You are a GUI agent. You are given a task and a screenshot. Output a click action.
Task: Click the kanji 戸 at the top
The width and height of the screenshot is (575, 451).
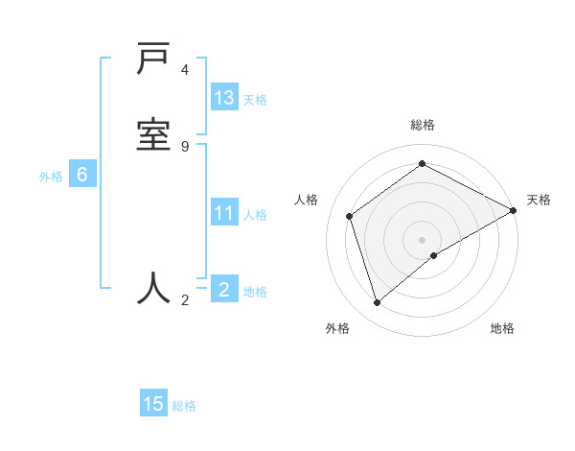(x=154, y=60)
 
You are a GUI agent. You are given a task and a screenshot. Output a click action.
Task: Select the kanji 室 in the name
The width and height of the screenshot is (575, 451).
(x=154, y=132)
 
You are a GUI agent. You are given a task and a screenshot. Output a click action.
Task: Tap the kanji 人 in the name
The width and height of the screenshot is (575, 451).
(x=154, y=287)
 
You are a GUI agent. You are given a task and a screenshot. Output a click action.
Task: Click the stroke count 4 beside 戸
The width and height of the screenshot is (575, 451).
(x=185, y=70)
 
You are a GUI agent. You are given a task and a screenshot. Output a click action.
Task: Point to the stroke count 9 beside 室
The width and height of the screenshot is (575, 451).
(x=185, y=146)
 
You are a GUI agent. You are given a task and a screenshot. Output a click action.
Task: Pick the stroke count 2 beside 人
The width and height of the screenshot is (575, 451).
(x=185, y=300)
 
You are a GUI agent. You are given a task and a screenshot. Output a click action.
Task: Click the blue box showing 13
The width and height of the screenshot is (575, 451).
(x=224, y=98)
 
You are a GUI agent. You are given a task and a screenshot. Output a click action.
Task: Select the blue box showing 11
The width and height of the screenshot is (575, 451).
(x=224, y=213)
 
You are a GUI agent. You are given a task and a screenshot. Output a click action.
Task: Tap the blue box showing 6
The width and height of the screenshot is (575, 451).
(x=82, y=175)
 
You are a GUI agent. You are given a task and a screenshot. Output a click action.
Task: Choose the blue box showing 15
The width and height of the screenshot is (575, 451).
(x=153, y=404)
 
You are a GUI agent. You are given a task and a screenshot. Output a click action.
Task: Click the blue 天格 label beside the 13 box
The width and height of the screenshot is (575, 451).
(x=255, y=100)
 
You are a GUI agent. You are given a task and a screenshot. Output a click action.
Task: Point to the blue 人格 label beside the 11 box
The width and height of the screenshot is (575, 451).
(x=255, y=215)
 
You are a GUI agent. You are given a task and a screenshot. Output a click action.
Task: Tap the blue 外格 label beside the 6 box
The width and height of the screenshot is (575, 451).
(x=51, y=177)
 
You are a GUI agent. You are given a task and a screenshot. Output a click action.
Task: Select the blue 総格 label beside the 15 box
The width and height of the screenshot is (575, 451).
(x=184, y=406)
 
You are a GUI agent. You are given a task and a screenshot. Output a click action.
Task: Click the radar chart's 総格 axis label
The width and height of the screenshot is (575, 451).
(x=422, y=126)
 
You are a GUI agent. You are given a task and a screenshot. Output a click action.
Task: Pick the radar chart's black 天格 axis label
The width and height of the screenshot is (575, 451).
(x=539, y=200)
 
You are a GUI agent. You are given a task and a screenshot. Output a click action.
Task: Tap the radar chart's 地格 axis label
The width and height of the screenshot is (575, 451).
(x=502, y=328)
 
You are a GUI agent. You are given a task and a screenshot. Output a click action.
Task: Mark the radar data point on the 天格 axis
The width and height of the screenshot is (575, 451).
(x=514, y=210)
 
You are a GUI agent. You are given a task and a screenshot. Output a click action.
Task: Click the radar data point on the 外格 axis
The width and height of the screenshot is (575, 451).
(x=378, y=303)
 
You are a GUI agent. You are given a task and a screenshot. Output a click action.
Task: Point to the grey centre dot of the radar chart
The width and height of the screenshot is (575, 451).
(x=422, y=240)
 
